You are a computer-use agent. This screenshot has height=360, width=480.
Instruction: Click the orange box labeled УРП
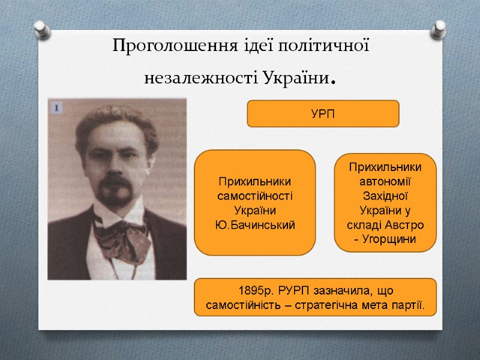point(323,114)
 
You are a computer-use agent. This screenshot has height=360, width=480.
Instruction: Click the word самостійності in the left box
point(255,196)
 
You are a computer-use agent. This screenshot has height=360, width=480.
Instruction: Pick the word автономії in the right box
point(385,181)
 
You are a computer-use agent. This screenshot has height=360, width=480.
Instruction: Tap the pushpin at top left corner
point(41,27)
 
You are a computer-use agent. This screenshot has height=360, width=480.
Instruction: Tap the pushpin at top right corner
point(440,27)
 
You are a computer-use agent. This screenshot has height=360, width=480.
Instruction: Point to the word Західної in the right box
point(385,196)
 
